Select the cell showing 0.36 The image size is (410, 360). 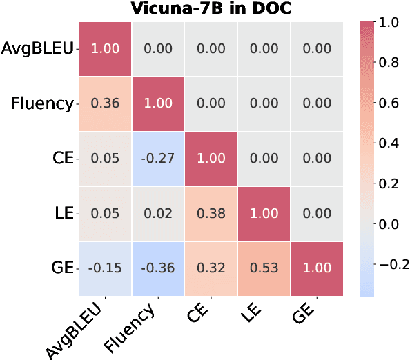tap(105, 103)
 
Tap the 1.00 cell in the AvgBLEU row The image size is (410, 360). tap(105, 48)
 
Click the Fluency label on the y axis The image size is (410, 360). tap(42, 104)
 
